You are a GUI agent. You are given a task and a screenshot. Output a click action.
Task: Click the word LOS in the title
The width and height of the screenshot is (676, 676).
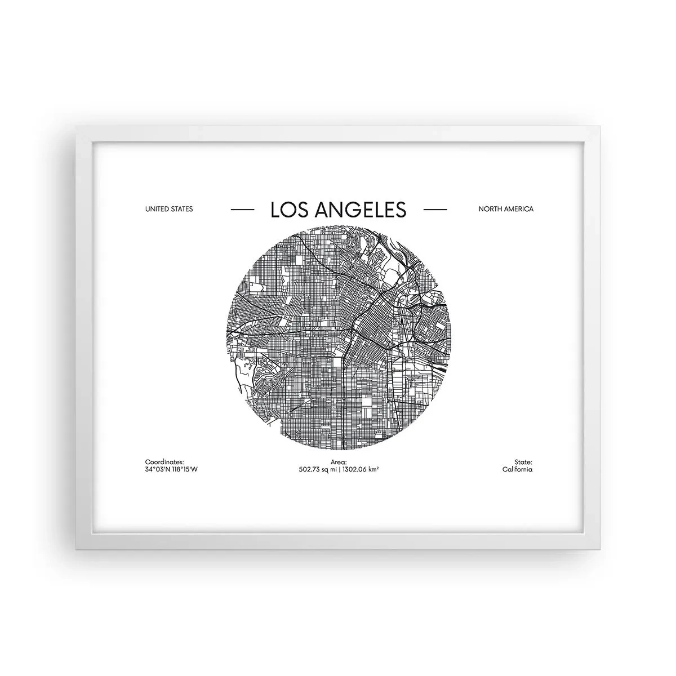287,210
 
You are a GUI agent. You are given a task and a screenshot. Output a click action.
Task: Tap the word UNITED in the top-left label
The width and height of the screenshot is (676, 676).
157,209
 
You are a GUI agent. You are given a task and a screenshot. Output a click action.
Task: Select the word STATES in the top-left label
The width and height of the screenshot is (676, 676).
182,209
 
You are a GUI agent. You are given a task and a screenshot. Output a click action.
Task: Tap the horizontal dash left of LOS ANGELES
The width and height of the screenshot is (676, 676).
242,210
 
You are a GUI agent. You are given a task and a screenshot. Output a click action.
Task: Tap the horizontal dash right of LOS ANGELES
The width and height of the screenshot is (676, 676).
434,210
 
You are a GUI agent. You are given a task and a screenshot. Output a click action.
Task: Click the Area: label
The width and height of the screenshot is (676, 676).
338,461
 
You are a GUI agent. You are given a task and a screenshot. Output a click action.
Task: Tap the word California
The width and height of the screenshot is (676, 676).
517,469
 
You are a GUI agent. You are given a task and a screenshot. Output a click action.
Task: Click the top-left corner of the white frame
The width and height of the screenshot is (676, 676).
77,127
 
